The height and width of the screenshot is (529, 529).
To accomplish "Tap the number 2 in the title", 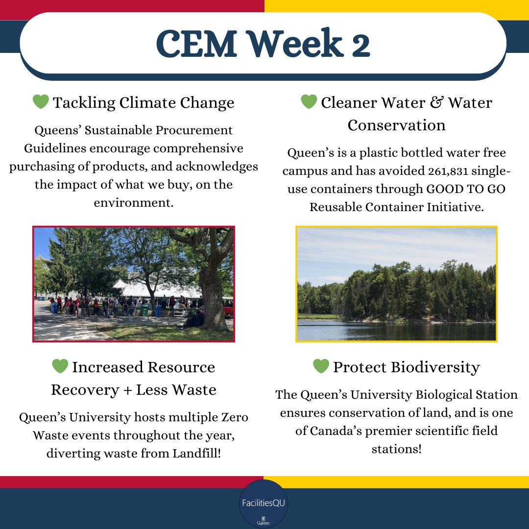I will (360, 44).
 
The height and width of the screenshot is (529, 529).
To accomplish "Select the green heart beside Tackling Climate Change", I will (41, 102).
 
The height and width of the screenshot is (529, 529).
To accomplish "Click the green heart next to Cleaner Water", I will (309, 102).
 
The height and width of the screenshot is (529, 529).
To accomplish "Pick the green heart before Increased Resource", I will (60, 366).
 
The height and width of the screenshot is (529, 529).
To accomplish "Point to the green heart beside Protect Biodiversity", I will (321, 366).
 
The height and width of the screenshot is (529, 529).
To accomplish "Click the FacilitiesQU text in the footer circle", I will (263, 503).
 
